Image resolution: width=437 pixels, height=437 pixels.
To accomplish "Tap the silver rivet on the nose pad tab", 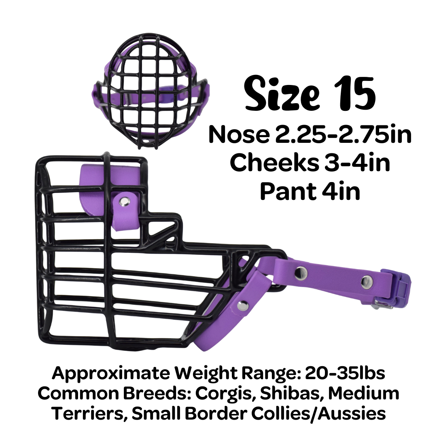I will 125,200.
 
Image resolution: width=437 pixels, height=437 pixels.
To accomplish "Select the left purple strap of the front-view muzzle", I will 99,95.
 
